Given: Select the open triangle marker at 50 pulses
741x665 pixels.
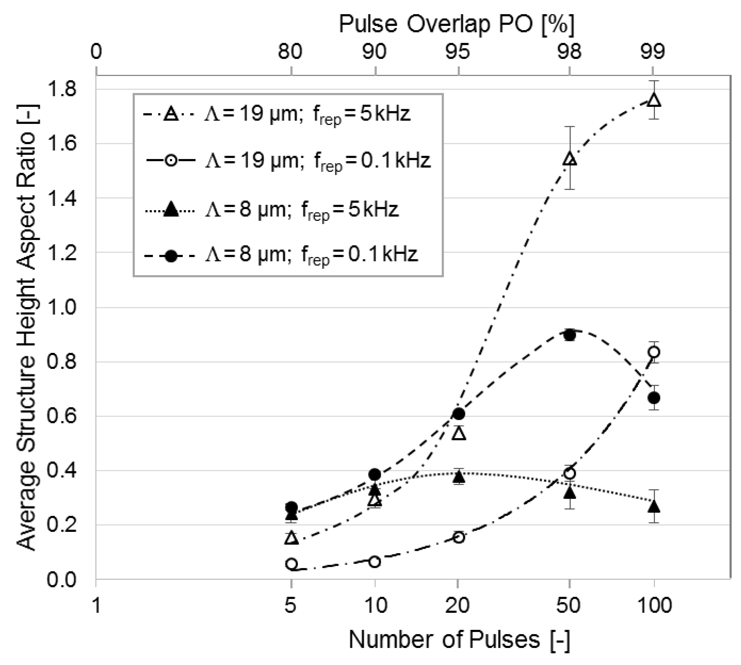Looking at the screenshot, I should click(570, 159).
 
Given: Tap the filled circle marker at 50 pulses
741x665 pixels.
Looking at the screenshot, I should click(570, 335).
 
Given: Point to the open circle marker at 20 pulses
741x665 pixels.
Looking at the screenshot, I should click(459, 537).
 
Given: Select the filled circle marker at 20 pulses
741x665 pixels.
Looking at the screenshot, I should click(459, 414).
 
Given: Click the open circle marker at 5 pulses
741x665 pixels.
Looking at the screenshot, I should click(291, 564).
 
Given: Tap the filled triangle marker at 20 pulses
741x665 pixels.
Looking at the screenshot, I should click(459, 476).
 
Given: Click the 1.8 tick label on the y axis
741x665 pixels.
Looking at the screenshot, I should click(62, 89).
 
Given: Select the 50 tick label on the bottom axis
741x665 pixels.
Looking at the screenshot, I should click(569, 605).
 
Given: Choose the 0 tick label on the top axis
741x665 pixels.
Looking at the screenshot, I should click(96, 51).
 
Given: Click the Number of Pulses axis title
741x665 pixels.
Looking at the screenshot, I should click(459, 640).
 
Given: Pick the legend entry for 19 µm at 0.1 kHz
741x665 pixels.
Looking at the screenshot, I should click(289, 161).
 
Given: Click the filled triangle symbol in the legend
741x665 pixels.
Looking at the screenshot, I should click(171, 210).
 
